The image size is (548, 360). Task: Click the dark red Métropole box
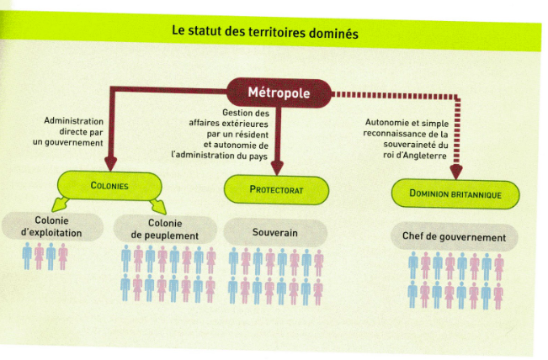pos(279,93)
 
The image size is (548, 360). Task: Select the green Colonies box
pos(109,185)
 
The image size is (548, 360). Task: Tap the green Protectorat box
pos(276,189)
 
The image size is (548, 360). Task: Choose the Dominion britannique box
pos(455,193)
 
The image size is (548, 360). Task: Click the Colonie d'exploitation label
pos(51,226)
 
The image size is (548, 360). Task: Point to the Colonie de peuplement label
pos(165,229)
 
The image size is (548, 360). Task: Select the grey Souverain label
pos(275,232)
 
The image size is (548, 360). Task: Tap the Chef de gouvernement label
pos(454,237)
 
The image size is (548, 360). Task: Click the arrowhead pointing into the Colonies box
pos(110,163)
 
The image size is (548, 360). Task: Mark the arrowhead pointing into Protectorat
pos(277,168)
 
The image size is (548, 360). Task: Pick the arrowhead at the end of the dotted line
pos(456,172)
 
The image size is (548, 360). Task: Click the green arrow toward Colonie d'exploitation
pos(60,204)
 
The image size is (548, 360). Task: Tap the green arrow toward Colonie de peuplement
pos(158,207)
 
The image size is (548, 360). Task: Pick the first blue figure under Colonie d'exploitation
pos(27,256)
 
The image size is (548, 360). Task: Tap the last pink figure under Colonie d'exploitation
pos(63,257)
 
